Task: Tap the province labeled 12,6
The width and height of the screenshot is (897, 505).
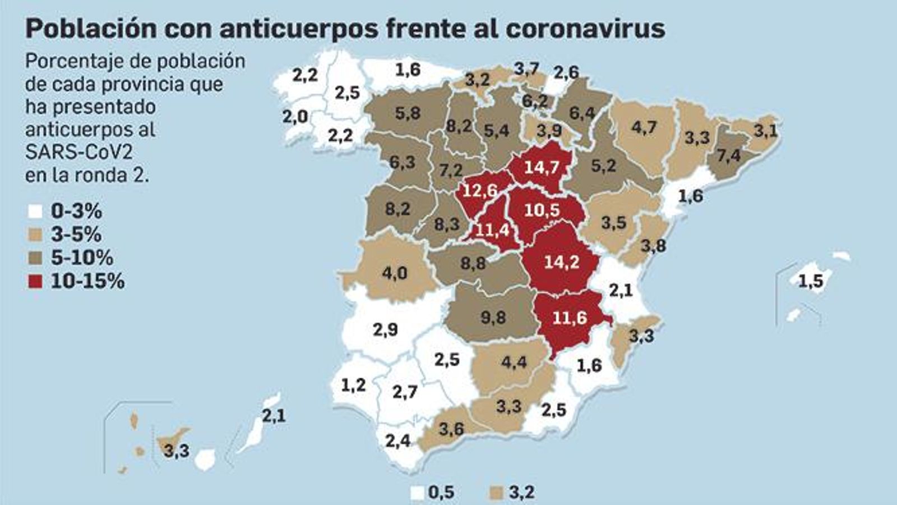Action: pyautogui.click(x=480, y=191)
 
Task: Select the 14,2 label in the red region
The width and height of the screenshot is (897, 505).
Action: pyautogui.click(x=561, y=262)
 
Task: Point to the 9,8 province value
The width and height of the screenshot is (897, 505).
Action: pyautogui.click(x=493, y=318)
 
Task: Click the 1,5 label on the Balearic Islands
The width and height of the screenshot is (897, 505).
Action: pyautogui.click(x=811, y=281)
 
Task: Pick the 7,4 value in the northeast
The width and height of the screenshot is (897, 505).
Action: pyautogui.click(x=728, y=155)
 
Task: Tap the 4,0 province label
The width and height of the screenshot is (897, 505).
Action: pyautogui.click(x=395, y=273)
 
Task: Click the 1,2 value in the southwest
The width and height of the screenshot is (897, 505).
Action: pyautogui.click(x=353, y=385)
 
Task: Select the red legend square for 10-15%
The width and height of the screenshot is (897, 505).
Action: pyautogui.click(x=35, y=281)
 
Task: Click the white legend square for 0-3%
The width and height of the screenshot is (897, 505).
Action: pyautogui.click(x=35, y=212)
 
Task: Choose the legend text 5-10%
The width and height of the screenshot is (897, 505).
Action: pyautogui.click(x=82, y=258)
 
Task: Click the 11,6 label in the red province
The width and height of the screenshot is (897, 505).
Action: pyautogui.click(x=570, y=318)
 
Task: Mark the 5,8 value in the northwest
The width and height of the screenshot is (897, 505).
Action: pyautogui.click(x=408, y=113)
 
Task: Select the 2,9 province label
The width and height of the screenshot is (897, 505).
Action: pyautogui.click(x=385, y=329)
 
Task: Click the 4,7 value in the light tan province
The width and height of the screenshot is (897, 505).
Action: pyautogui.click(x=644, y=127)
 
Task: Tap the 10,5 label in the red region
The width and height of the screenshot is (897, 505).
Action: pyautogui.click(x=542, y=210)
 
